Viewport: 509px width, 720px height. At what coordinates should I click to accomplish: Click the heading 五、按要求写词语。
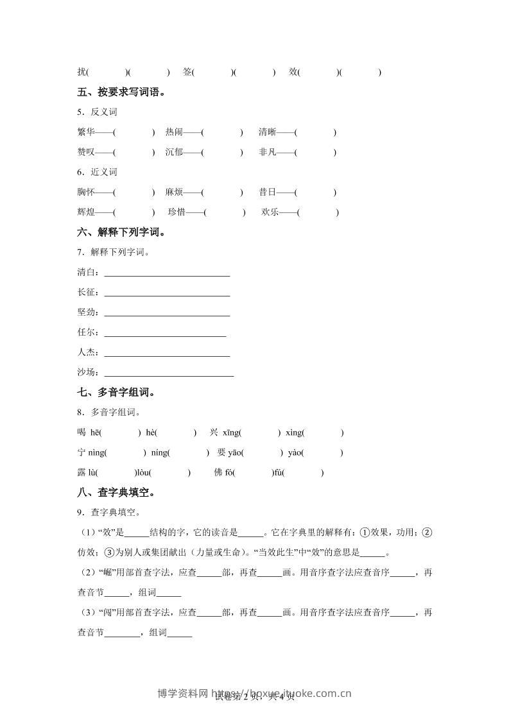point(121,92)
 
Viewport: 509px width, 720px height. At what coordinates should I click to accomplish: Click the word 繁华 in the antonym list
point(85,132)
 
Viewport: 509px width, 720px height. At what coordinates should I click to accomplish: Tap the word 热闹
point(174,132)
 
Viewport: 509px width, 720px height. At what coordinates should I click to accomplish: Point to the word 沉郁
point(174,152)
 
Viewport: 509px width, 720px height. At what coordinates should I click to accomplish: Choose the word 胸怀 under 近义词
point(85,192)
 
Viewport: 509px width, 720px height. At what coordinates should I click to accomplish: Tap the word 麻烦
point(174,192)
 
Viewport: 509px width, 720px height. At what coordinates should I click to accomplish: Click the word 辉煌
point(85,212)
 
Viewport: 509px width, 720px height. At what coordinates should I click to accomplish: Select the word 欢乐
point(270,212)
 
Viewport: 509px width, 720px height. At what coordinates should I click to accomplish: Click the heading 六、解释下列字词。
point(121,232)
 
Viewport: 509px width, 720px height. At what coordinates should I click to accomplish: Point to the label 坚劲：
point(89,313)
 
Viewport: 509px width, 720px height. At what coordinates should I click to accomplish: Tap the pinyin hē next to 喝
point(94,433)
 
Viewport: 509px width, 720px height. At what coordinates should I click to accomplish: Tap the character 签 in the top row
point(187,73)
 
